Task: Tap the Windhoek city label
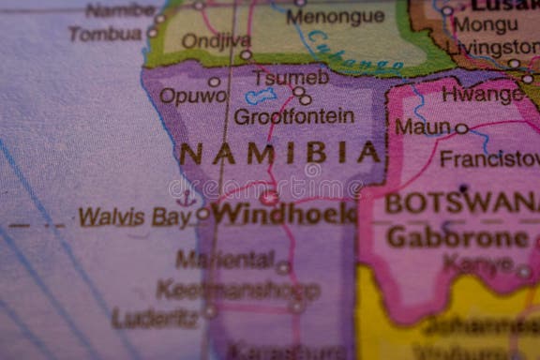pos(282,214)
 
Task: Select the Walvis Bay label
pos(134,217)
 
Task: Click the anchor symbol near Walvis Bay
pos(186,198)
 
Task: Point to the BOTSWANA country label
pos(461,202)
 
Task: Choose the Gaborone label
pos(457,237)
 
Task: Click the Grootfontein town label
pos(293,117)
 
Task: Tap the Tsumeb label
pos(291,77)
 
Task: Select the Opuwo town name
pos(192,96)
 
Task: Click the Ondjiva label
pos(216,40)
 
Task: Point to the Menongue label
pos(335,16)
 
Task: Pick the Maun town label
pos(422,127)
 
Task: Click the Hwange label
pos(482,94)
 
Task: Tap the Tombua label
pos(105,34)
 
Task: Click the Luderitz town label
pos(156,318)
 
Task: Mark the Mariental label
pos(225,260)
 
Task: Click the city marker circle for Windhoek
pos(270,198)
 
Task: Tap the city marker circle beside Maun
pos(461,128)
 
